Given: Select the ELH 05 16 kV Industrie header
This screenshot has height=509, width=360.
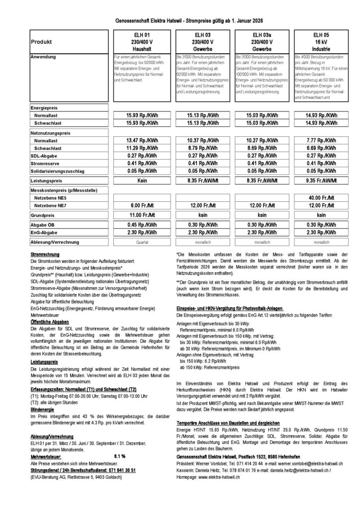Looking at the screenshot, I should coord(318,42).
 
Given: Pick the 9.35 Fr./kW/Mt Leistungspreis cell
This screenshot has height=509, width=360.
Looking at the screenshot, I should coord(318,182).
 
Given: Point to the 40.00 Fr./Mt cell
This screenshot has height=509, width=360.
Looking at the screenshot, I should coord(318,197).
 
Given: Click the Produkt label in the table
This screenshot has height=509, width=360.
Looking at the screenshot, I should coord(41,42).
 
